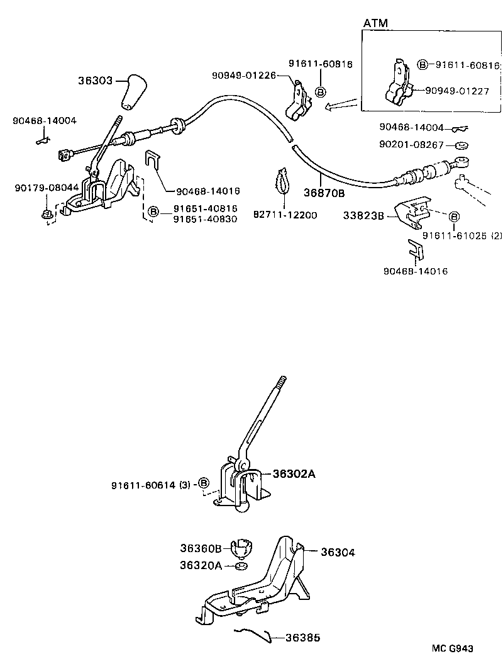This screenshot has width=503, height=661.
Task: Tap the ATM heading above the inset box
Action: [375, 23]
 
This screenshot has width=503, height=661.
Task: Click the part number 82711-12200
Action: [286, 215]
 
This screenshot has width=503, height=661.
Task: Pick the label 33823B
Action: [365, 215]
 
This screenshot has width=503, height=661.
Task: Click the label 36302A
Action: [294, 474]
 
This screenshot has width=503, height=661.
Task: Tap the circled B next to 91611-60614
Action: [203, 483]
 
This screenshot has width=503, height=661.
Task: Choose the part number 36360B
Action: [201, 548]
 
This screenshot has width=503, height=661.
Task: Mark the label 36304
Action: [338, 552]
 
